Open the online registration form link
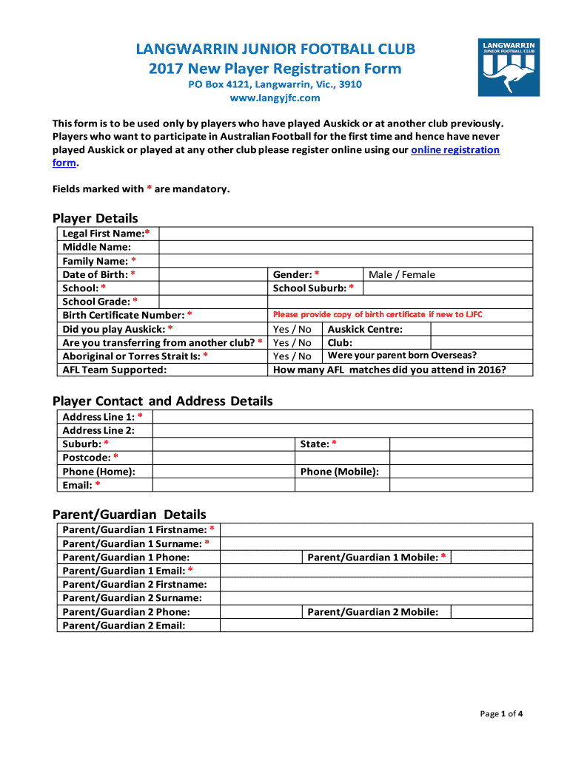click(455, 150)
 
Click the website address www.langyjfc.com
click(275, 98)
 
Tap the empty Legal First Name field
click(346, 234)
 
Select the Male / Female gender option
click(402, 275)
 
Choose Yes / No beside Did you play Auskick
click(292, 329)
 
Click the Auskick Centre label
click(365, 329)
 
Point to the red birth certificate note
click(378, 315)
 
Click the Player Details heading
click(95, 218)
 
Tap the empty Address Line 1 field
click(342, 417)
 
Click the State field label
click(318, 444)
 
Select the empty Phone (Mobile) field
click(460, 472)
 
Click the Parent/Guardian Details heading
click(129, 515)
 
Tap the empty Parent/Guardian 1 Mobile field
click(492, 557)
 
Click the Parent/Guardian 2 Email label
click(124, 625)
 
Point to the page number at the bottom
click(502, 713)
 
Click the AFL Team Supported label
click(115, 370)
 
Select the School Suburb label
click(313, 288)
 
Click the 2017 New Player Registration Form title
click(275, 69)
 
